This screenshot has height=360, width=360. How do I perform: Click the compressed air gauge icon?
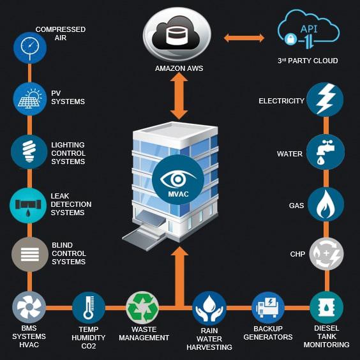tap(30, 48)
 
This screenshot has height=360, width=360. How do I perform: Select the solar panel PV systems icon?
tap(30, 99)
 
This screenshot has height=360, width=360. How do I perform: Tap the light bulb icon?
tap(29, 152)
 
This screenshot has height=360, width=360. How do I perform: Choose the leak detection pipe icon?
tap(29, 206)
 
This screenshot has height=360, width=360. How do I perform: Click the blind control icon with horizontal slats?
tap(30, 255)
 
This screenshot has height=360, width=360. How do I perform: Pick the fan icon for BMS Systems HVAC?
tap(29, 307)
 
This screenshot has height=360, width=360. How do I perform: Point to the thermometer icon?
tap(89, 308)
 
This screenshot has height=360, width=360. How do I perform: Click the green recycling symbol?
tap(142, 308)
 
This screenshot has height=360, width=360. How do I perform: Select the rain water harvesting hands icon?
tap(209, 308)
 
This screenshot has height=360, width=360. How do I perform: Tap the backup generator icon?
tap(268, 308)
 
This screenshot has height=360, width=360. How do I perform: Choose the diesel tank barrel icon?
tap(326, 308)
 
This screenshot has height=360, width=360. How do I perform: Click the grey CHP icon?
tap(326, 254)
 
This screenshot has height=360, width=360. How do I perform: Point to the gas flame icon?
tap(326, 204)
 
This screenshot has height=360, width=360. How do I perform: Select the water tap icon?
tap(326, 152)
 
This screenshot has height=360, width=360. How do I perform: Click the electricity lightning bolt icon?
tap(325, 100)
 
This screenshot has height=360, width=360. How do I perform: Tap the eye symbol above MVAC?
tap(177, 179)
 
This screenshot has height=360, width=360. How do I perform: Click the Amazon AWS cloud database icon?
tap(177, 34)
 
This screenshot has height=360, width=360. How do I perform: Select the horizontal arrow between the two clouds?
tap(244, 38)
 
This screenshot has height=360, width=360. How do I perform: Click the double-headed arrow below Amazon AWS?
tap(179, 96)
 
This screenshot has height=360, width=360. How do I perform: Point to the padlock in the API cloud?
tap(290, 40)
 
